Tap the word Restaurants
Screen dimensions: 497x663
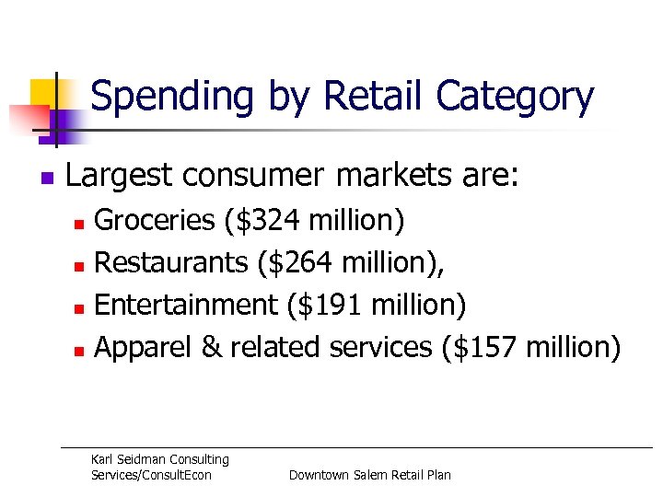[171, 262]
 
